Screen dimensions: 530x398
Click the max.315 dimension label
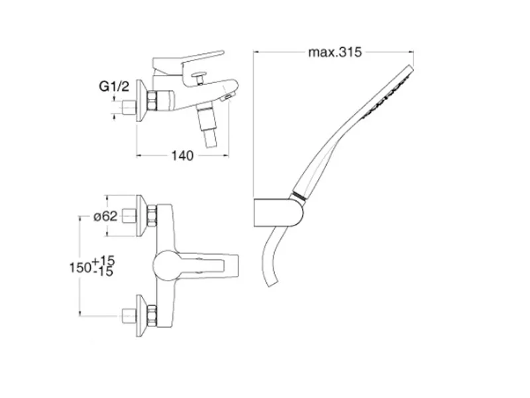(335, 52)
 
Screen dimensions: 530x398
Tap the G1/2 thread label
(114, 87)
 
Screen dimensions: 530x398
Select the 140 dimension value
(183, 156)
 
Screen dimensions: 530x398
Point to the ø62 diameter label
(105, 216)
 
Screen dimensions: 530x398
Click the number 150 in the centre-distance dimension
(80, 268)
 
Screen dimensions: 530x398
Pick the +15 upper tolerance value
(103, 261)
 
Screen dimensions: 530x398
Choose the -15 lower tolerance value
(103, 271)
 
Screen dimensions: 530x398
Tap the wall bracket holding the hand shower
(278, 212)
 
